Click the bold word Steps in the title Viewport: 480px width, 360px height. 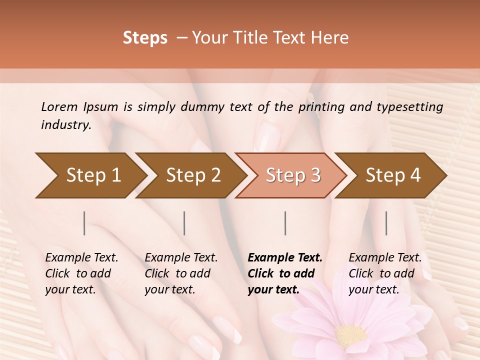[x=145, y=38]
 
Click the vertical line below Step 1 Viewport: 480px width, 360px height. [x=84, y=223]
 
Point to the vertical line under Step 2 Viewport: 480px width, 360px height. [x=184, y=223]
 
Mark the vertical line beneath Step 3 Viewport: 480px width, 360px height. [x=285, y=223]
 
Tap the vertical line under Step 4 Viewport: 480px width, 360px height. [x=386, y=223]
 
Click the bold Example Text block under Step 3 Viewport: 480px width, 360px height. [x=285, y=273]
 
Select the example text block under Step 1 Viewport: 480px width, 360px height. [x=81, y=273]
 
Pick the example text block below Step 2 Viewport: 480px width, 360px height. [x=181, y=273]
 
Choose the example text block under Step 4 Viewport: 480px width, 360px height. [x=385, y=273]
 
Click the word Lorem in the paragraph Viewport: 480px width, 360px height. [x=59, y=107]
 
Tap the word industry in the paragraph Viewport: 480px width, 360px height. [x=65, y=125]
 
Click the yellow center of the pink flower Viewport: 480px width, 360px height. [x=351, y=333]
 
